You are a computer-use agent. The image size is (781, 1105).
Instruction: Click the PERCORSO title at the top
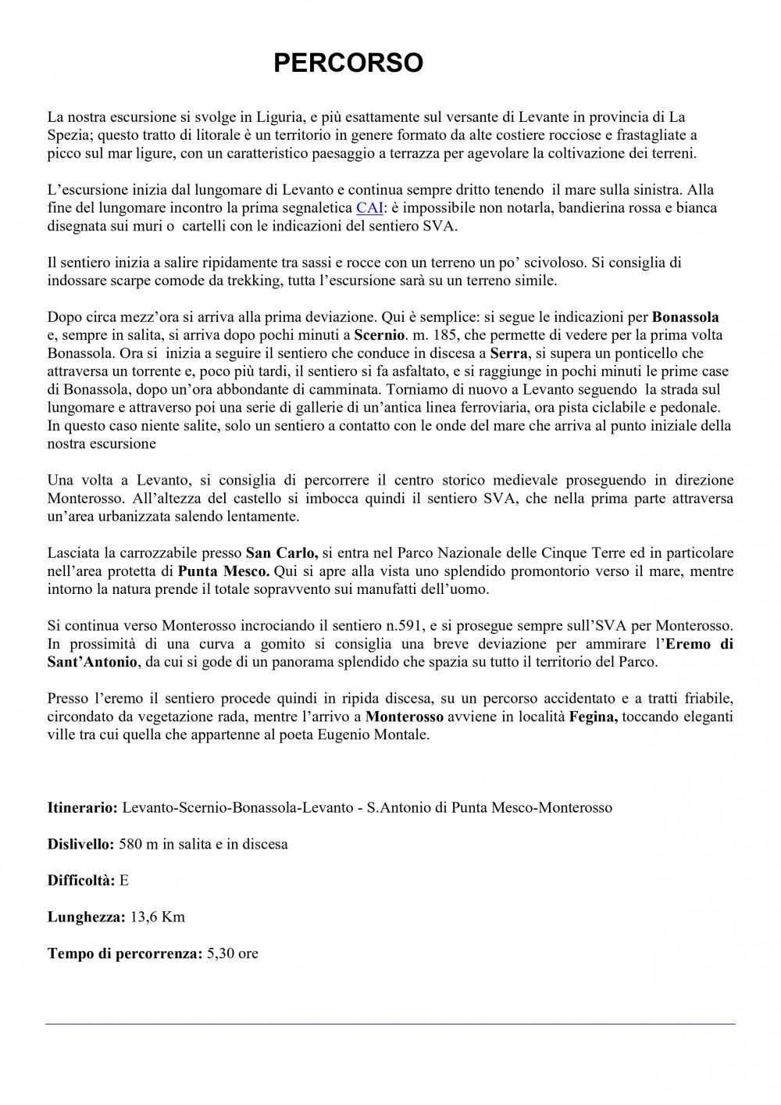(x=348, y=63)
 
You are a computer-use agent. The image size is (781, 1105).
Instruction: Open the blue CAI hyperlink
(x=369, y=208)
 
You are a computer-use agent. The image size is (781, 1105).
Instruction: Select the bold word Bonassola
(x=685, y=317)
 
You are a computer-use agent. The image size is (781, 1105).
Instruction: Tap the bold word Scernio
(x=380, y=335)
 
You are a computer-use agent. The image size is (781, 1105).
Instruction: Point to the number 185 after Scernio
(x=449, y=335)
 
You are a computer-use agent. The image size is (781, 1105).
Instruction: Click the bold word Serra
(x=508, y=353)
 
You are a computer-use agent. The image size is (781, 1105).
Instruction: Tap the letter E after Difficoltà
(x=123, y=881)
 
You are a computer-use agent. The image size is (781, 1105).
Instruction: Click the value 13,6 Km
(x=157, y=917)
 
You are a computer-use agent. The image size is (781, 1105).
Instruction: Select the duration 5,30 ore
(x=233, y=954)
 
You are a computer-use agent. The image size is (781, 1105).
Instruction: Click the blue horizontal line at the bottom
(x=390, y=1024)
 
